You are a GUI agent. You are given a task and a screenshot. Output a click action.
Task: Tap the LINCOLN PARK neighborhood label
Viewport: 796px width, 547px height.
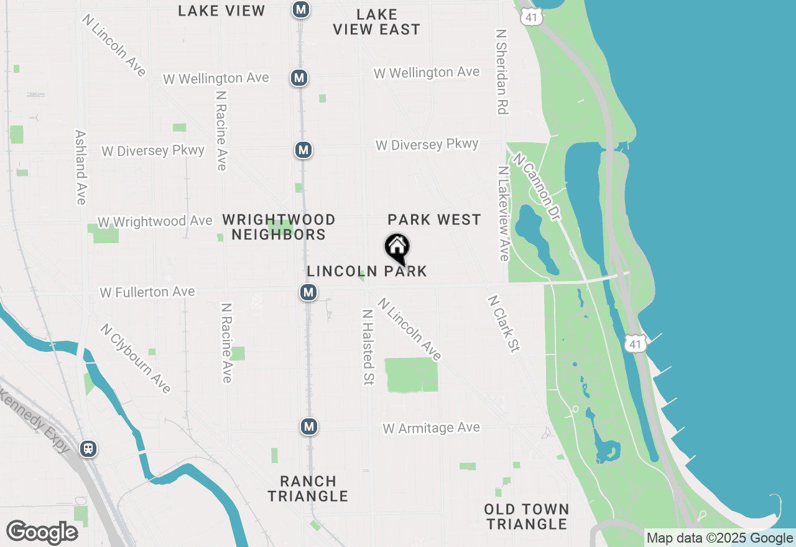pos(367,271)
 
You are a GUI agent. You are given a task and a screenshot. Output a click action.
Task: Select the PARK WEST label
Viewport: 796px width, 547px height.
pos(434,219)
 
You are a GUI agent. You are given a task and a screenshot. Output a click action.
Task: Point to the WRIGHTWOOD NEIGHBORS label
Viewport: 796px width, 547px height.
pos(279,227)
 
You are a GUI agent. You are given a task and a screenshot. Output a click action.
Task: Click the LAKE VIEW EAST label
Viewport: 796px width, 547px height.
pos(377,22)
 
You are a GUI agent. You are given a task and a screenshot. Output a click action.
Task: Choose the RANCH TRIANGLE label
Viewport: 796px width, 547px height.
pos(308,489)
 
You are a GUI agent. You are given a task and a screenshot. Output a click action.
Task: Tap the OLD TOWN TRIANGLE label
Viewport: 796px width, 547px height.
pos(527,517)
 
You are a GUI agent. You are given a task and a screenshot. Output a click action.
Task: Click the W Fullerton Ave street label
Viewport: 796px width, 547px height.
pos(147,292)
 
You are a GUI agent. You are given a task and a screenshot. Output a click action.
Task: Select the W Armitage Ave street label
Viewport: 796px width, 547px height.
pos(431,428)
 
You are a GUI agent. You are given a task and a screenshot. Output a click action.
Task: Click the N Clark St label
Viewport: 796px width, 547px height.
pos(503,324)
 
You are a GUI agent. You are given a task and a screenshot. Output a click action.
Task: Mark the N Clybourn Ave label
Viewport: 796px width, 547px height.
pos(135,358)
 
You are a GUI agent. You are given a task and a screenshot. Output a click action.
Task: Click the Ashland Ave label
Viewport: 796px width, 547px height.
pos(80,167)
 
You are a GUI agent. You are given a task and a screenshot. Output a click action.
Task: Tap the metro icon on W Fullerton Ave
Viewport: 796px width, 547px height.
pos(308,292)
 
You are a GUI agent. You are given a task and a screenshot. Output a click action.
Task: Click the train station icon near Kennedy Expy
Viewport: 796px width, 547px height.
pos(88,449)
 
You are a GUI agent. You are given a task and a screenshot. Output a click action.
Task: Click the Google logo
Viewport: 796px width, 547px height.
pos(42,532)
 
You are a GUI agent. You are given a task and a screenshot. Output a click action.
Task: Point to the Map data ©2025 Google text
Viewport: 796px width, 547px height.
pos(720,538)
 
